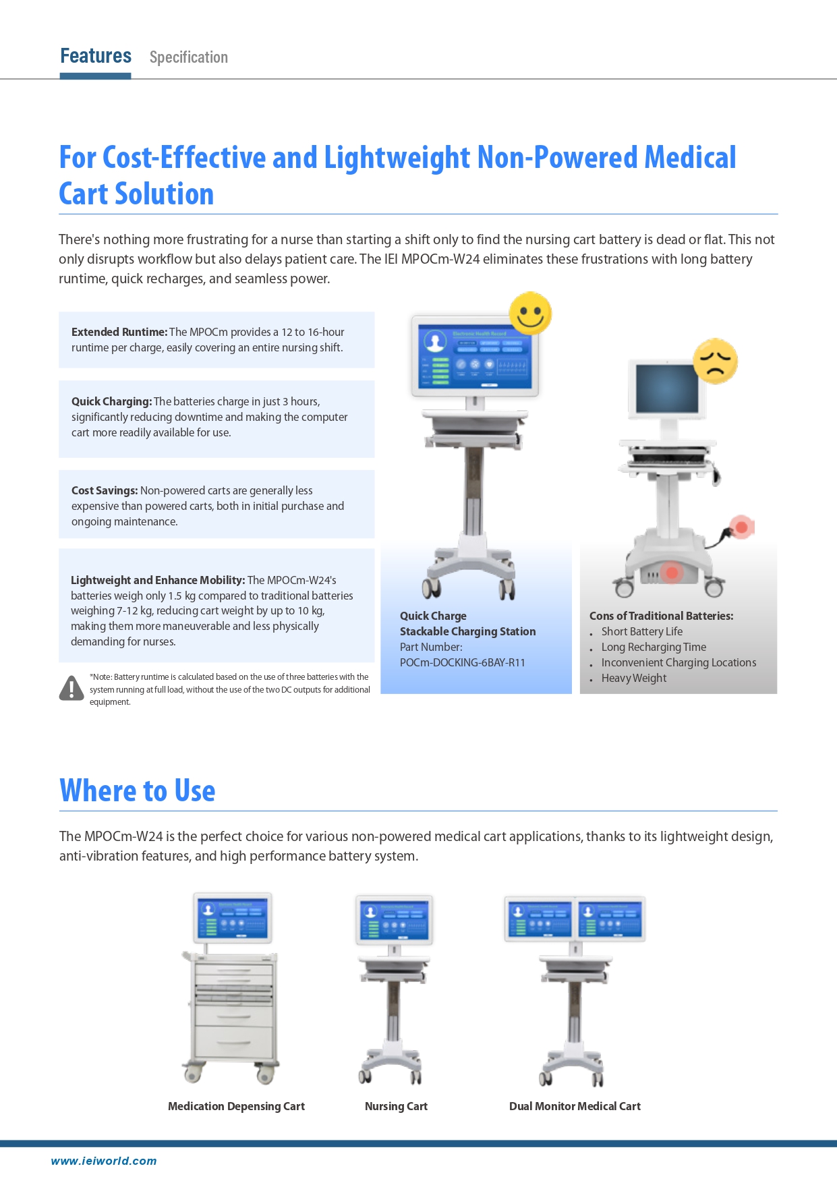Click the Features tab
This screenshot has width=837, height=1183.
(x=96, y=56)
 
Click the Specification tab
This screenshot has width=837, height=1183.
(x=189, y=57)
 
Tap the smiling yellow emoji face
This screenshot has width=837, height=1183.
(x=530, y=313)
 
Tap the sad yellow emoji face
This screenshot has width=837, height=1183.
(x=715, y=362)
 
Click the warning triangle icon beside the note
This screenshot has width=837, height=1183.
(x=71, y=688)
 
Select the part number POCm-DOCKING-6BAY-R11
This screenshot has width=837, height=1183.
(x=462, y=662)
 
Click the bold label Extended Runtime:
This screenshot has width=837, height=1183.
(x=119, y=332)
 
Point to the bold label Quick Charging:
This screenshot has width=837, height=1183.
(x=112, y=401)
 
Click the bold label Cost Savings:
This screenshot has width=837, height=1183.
(x=105, y=490)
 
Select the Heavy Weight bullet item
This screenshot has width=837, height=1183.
(x=633, y=678)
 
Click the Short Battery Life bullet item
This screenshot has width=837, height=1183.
(x=641, y=631)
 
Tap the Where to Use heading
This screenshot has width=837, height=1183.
(x=138, y=790)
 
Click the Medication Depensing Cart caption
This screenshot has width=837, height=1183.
(x=236, y=1106)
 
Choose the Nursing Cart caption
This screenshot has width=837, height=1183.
(x=396, y=1106)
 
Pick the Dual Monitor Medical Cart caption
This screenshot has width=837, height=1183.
(x=575, y=1106)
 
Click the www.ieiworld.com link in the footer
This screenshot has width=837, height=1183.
(x=104, y=1161)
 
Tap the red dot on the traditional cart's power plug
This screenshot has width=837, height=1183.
(x=741, y=527)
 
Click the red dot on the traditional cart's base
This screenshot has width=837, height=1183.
(x=672, y=573)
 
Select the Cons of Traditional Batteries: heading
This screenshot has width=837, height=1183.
(x=661, y=616)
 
